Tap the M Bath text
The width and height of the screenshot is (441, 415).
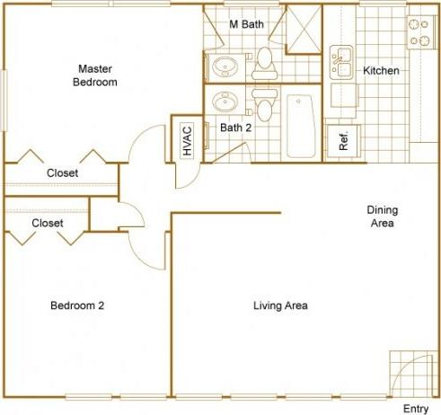(246, 24)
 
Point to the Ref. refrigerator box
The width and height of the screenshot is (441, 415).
(343, 140)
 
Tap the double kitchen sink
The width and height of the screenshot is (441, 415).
(341, 61)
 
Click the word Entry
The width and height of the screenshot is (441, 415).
(415, 409)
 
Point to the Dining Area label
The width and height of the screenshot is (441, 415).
(382, 216)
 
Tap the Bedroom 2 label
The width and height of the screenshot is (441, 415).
(76, 305)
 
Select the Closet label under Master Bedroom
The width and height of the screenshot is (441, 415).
(62, 173)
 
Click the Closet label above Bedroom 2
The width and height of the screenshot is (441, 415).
(47, 222)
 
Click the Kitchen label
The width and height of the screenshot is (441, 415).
(381, 70)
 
